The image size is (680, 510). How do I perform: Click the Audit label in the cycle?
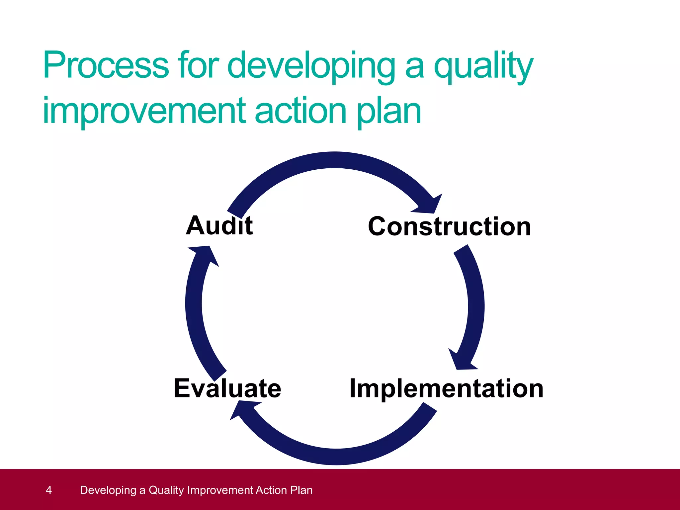pyautogui.click(x=219, y=225)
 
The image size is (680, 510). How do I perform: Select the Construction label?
pyautogui.click(x=449, y=226)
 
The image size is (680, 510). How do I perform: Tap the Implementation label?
pyautogui.click(x=446, y=388)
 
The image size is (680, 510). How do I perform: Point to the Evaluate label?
pyautogui.click(x=227, y=388)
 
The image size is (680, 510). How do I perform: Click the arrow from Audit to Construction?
pyautogui.click(x=332, y=160)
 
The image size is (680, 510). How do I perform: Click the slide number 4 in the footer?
pyautogui.click(x=49, y=490)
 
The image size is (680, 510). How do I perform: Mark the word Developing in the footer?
pyautogui.click(x=108, y=490)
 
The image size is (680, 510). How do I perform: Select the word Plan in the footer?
pyautogui.click(x=301, y=490)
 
